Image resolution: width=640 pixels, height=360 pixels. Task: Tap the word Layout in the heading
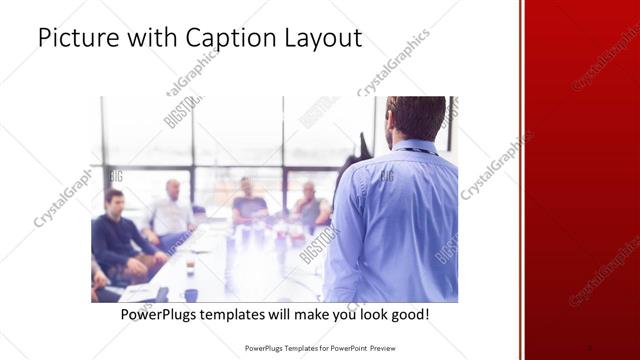point(324,39)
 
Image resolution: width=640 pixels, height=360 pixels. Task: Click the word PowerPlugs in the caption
point(160,315)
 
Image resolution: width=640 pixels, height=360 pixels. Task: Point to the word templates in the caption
point(240,315)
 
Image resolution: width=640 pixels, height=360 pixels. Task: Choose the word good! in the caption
point(409,315)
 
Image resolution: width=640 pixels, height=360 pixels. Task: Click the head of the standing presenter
point(414,118)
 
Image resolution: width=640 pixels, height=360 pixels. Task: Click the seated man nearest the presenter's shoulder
point(311,205)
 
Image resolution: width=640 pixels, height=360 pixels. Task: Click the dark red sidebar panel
point(581,180)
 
